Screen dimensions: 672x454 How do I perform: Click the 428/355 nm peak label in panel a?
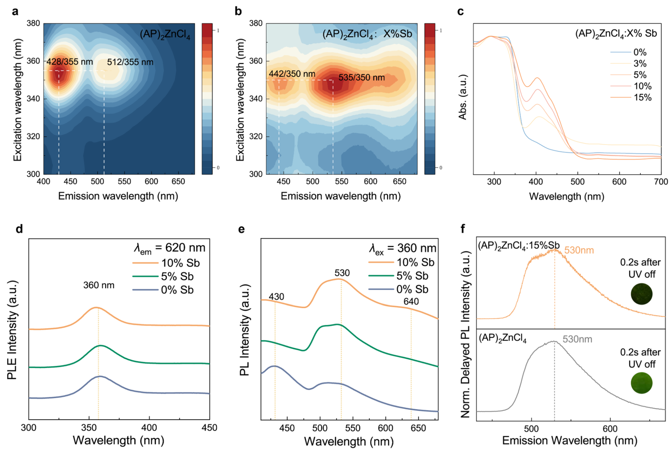(70, 62)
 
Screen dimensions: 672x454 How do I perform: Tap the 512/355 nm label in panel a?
(130, 62)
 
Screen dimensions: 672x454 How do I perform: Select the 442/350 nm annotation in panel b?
(292, 74)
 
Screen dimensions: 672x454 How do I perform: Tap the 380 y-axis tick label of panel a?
(33, 23)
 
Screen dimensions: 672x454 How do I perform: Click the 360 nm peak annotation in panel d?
(99, 285)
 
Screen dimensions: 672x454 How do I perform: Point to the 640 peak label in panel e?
(411, 302)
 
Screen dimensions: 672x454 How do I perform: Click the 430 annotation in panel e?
(276, 297)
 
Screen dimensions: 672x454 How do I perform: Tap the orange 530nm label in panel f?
(579, 250)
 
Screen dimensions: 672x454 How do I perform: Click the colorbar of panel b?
(430, 99)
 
